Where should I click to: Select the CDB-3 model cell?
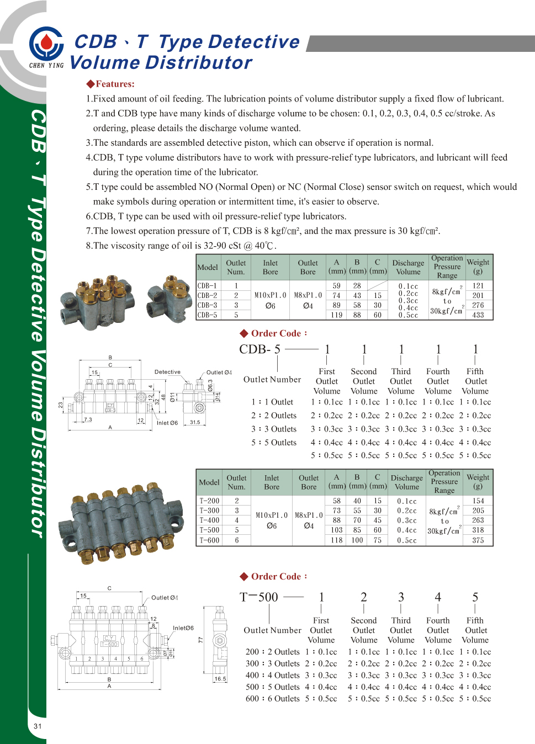[208, 305]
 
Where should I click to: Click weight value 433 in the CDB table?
[478, 315]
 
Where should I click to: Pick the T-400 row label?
[209, 520]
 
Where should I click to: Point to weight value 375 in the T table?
[478, 540]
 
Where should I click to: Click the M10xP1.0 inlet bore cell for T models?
[272, 515]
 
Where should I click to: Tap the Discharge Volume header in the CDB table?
[408, 267]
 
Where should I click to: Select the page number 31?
[38, 726]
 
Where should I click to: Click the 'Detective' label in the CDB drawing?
[167, 372]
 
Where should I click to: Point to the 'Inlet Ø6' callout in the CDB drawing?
[167, 423]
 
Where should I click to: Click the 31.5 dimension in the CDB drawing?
[195, 422]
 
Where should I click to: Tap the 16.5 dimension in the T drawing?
[220, 679]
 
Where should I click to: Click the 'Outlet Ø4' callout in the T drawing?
[165, 598]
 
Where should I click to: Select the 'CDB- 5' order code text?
[259, 349]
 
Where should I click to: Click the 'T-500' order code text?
[259, 597]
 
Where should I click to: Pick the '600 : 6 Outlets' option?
[273, 699]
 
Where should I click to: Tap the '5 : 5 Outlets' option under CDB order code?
[274, 443]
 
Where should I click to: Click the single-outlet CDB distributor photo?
[169, 299]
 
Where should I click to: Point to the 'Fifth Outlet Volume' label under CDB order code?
[475, 381]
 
